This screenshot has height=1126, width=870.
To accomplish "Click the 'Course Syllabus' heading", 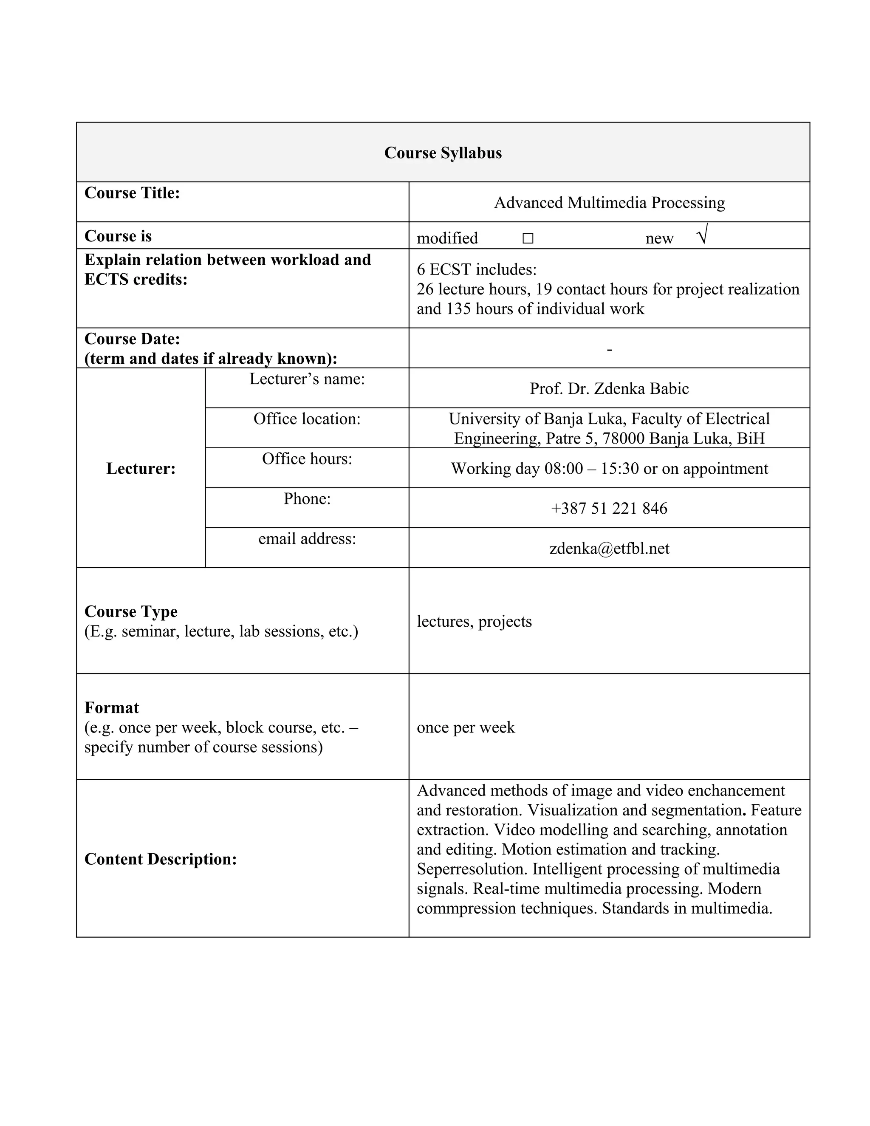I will [443, 153].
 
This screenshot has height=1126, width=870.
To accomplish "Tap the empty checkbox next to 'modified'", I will [527, 238].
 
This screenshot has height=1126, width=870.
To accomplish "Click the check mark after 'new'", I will [702, 235].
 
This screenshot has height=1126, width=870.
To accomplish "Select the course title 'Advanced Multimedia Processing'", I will [609, 203].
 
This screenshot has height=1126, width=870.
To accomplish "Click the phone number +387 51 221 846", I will [609, 508].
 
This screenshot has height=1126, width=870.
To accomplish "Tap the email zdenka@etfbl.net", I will [609, 548].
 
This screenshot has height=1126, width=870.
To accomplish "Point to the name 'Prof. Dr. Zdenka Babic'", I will [609, 388].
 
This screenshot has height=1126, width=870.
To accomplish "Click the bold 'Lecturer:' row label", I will [141, 468].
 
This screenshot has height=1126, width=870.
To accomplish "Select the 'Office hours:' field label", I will [307, 458].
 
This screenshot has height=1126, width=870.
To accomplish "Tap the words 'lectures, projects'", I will [474, 621].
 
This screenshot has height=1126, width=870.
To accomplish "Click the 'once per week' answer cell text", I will [466, 727].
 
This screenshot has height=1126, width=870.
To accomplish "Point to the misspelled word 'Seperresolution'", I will [472, 869].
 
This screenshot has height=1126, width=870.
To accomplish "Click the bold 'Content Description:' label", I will [160, 859].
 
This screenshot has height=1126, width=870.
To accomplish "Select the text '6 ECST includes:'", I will [477, 269].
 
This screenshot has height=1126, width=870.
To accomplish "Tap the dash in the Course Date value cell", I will [609, 350].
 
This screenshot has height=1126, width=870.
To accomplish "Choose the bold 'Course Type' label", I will [131, 611].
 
